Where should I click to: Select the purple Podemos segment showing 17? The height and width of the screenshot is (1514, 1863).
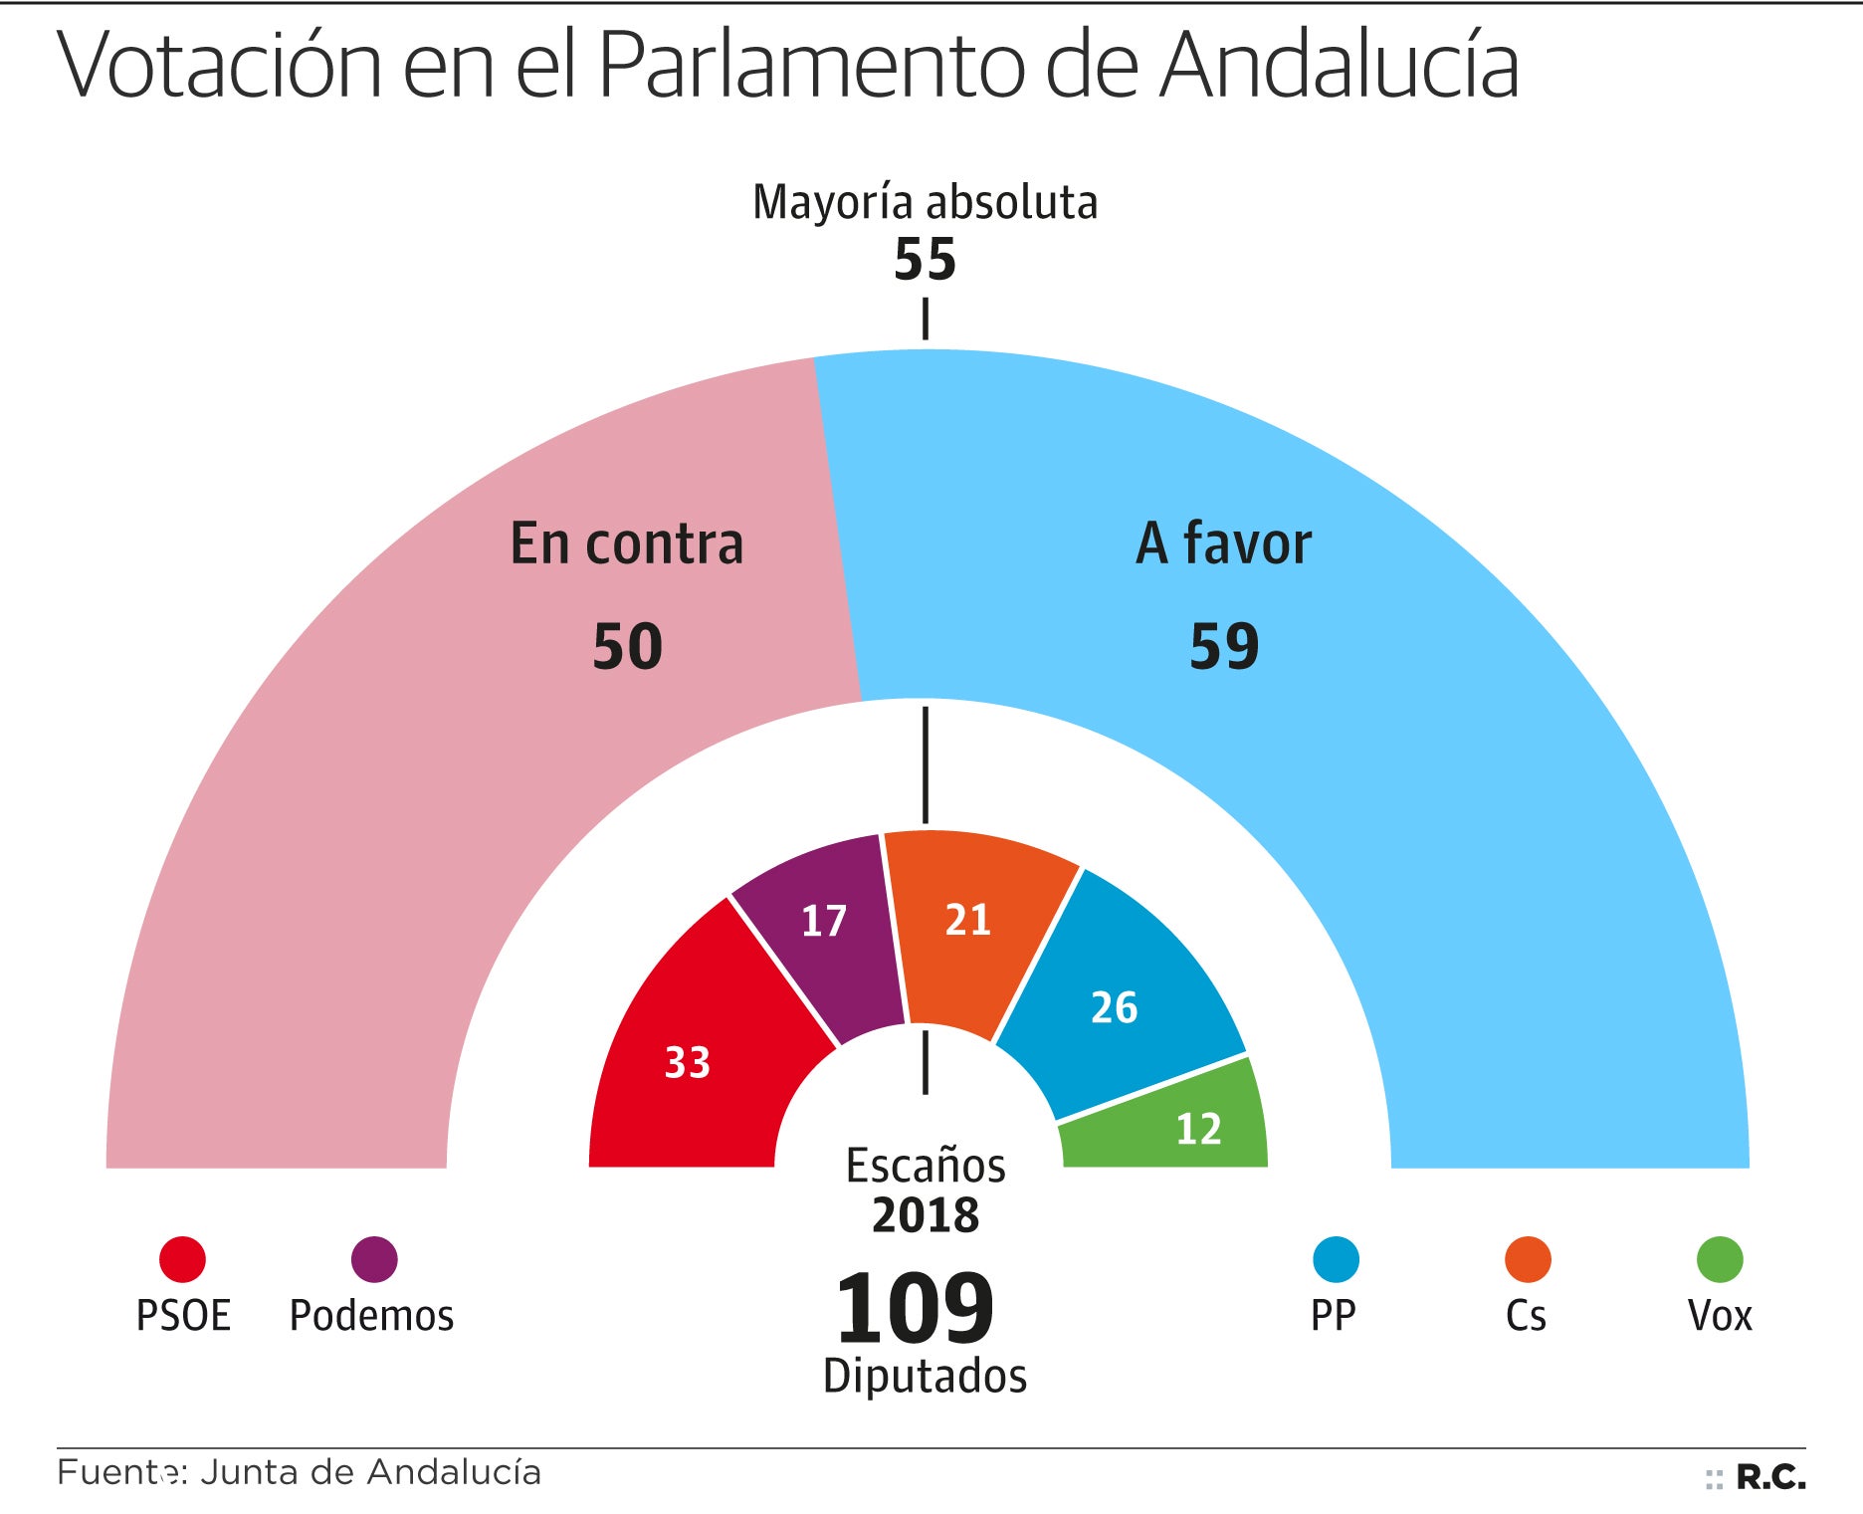tap(823, 926)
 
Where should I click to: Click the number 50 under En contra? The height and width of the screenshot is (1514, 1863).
tap(627, 646)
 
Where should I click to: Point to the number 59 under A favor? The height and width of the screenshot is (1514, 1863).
tap(1224, 646)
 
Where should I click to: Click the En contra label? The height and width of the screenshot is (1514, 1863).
tap(627, 543)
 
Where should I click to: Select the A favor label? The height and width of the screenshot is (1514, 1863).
tap(1224, 543)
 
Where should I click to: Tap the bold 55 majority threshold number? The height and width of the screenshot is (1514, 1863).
tap(925, 260)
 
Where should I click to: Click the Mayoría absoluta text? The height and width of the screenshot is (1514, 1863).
tap(925, 202)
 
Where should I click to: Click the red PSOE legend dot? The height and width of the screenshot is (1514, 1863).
tap(182, 1259)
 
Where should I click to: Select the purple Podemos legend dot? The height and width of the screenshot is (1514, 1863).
tap(374, 1259)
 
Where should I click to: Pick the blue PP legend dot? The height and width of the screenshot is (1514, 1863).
tap(1336, 1259)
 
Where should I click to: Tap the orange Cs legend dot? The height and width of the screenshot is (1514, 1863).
tap(1528, 1259)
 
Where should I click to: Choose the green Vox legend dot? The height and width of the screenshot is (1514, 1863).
tap(1720, 1259)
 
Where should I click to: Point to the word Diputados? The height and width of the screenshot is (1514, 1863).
tap(925, 1377)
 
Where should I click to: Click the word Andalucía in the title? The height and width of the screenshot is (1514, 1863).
tap(1341, 65)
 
